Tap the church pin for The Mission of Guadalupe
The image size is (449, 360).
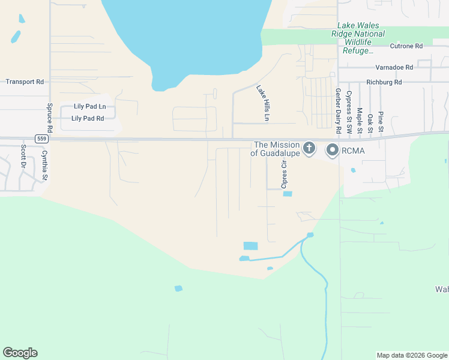(309, 148)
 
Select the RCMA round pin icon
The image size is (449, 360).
(332, 150)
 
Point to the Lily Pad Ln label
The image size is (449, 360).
(89, 106)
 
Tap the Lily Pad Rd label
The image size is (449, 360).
(88, 118)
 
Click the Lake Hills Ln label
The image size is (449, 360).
(262, 103)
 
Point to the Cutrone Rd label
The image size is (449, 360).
(406, 46)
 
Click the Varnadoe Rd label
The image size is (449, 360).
(394, 68)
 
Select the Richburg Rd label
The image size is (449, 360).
(384, 82)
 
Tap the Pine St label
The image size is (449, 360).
(381, 122)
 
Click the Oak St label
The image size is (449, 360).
(370, 124)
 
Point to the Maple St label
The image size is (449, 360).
(359, 121)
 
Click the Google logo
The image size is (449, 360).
(20, 353)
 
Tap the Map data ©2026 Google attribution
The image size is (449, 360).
(412, 355)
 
